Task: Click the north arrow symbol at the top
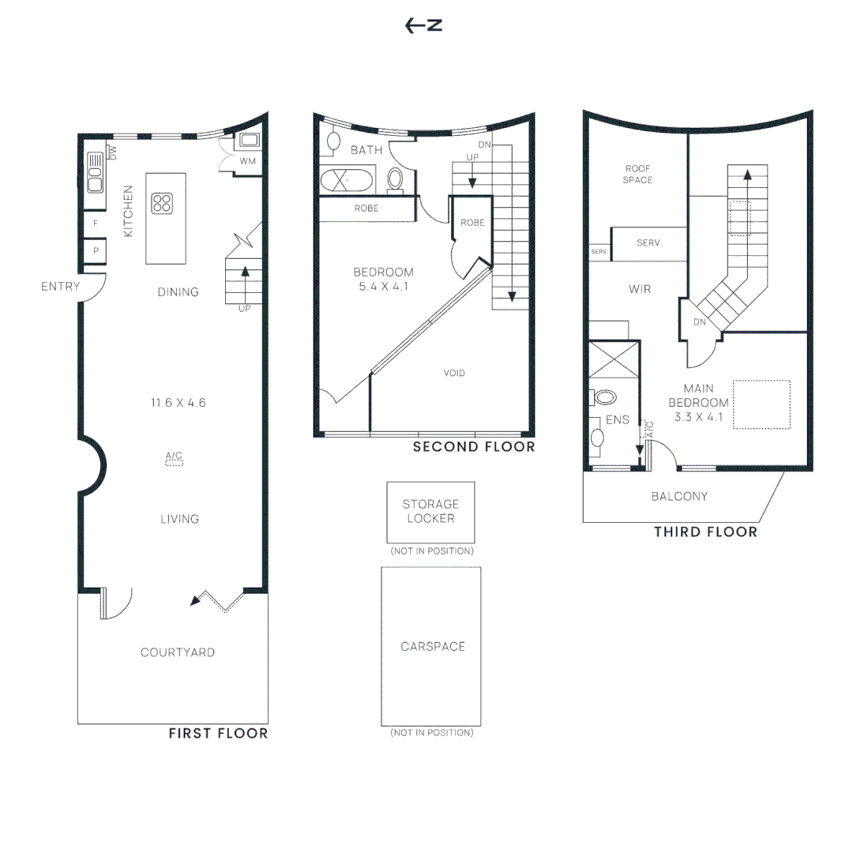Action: pyautogui.click(x=423, y=25)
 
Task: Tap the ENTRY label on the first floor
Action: pyautogui.click(x=60, y=286)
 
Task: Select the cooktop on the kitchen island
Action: pyautogui.click(x=162, y=204)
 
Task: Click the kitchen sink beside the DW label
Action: pyautogui.click(x=96, y=172)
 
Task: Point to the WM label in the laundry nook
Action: pyautogui.click(x=247, y=161)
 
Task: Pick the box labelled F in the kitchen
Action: pyautogui.click(x=96, y=224)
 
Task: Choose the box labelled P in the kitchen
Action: pyautogui.click(x=96, y=251)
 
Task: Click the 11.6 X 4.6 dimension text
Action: pyautogui.click(x=178, y=403)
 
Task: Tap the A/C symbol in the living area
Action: pyautogui.click(x=174, y=459)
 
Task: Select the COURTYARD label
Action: pyautogui.click(x=178, y=652)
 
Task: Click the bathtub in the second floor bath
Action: pyautogui.click(x=347, y=181)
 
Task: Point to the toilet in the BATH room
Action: pyautogui.click(x=396, y=179)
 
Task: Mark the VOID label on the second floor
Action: pyautogui.click(x=454, y=373)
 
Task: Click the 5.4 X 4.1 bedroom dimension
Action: pyautogui.click(x=384, y=287)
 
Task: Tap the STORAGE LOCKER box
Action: pyautogui.click(x=431, y=512)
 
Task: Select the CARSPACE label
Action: pyautogui.click(x=433, y=646)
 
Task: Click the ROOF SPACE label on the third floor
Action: pyautogui.click(x=637, y=174)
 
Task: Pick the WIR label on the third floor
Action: pyautogui.click(x=640, y=289)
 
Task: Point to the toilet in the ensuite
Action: pyautogui.click(x=603, y=397)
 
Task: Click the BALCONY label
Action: pyautogui.click(x=679, y=496)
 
